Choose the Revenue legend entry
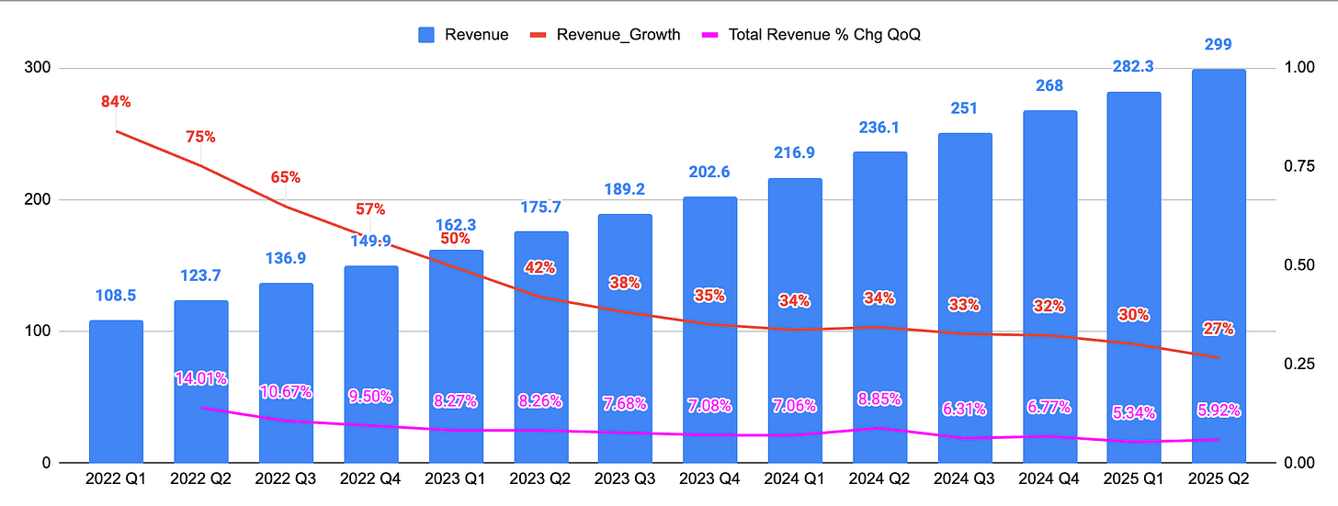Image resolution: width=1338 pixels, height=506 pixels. [463, 35]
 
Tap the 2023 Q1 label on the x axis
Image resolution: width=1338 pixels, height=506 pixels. [455, 478]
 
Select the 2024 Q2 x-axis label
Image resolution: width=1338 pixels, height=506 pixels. [879, 478]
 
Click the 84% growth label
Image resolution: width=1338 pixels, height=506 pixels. [116, 101]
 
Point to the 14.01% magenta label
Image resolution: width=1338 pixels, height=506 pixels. [201, 378]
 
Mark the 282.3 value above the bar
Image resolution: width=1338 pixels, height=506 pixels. [1133, 65]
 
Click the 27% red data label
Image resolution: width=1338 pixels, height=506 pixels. [1219, 329]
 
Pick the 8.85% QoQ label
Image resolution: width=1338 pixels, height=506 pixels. [879, 399]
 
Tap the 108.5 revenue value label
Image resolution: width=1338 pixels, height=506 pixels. [116, 296]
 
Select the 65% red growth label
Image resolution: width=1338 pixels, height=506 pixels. [286, 177]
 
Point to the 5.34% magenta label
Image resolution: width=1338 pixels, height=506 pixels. [1133, 413]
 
